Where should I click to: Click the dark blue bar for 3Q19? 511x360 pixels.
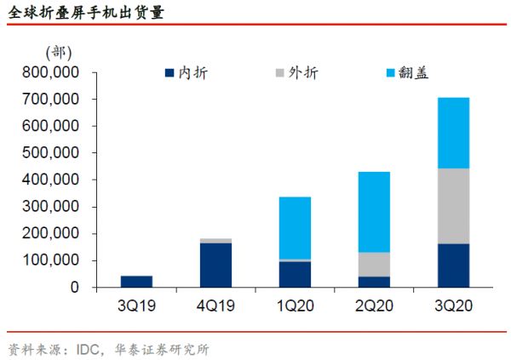coord(137,282)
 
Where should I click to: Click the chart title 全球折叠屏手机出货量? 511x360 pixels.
coord(86,13)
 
